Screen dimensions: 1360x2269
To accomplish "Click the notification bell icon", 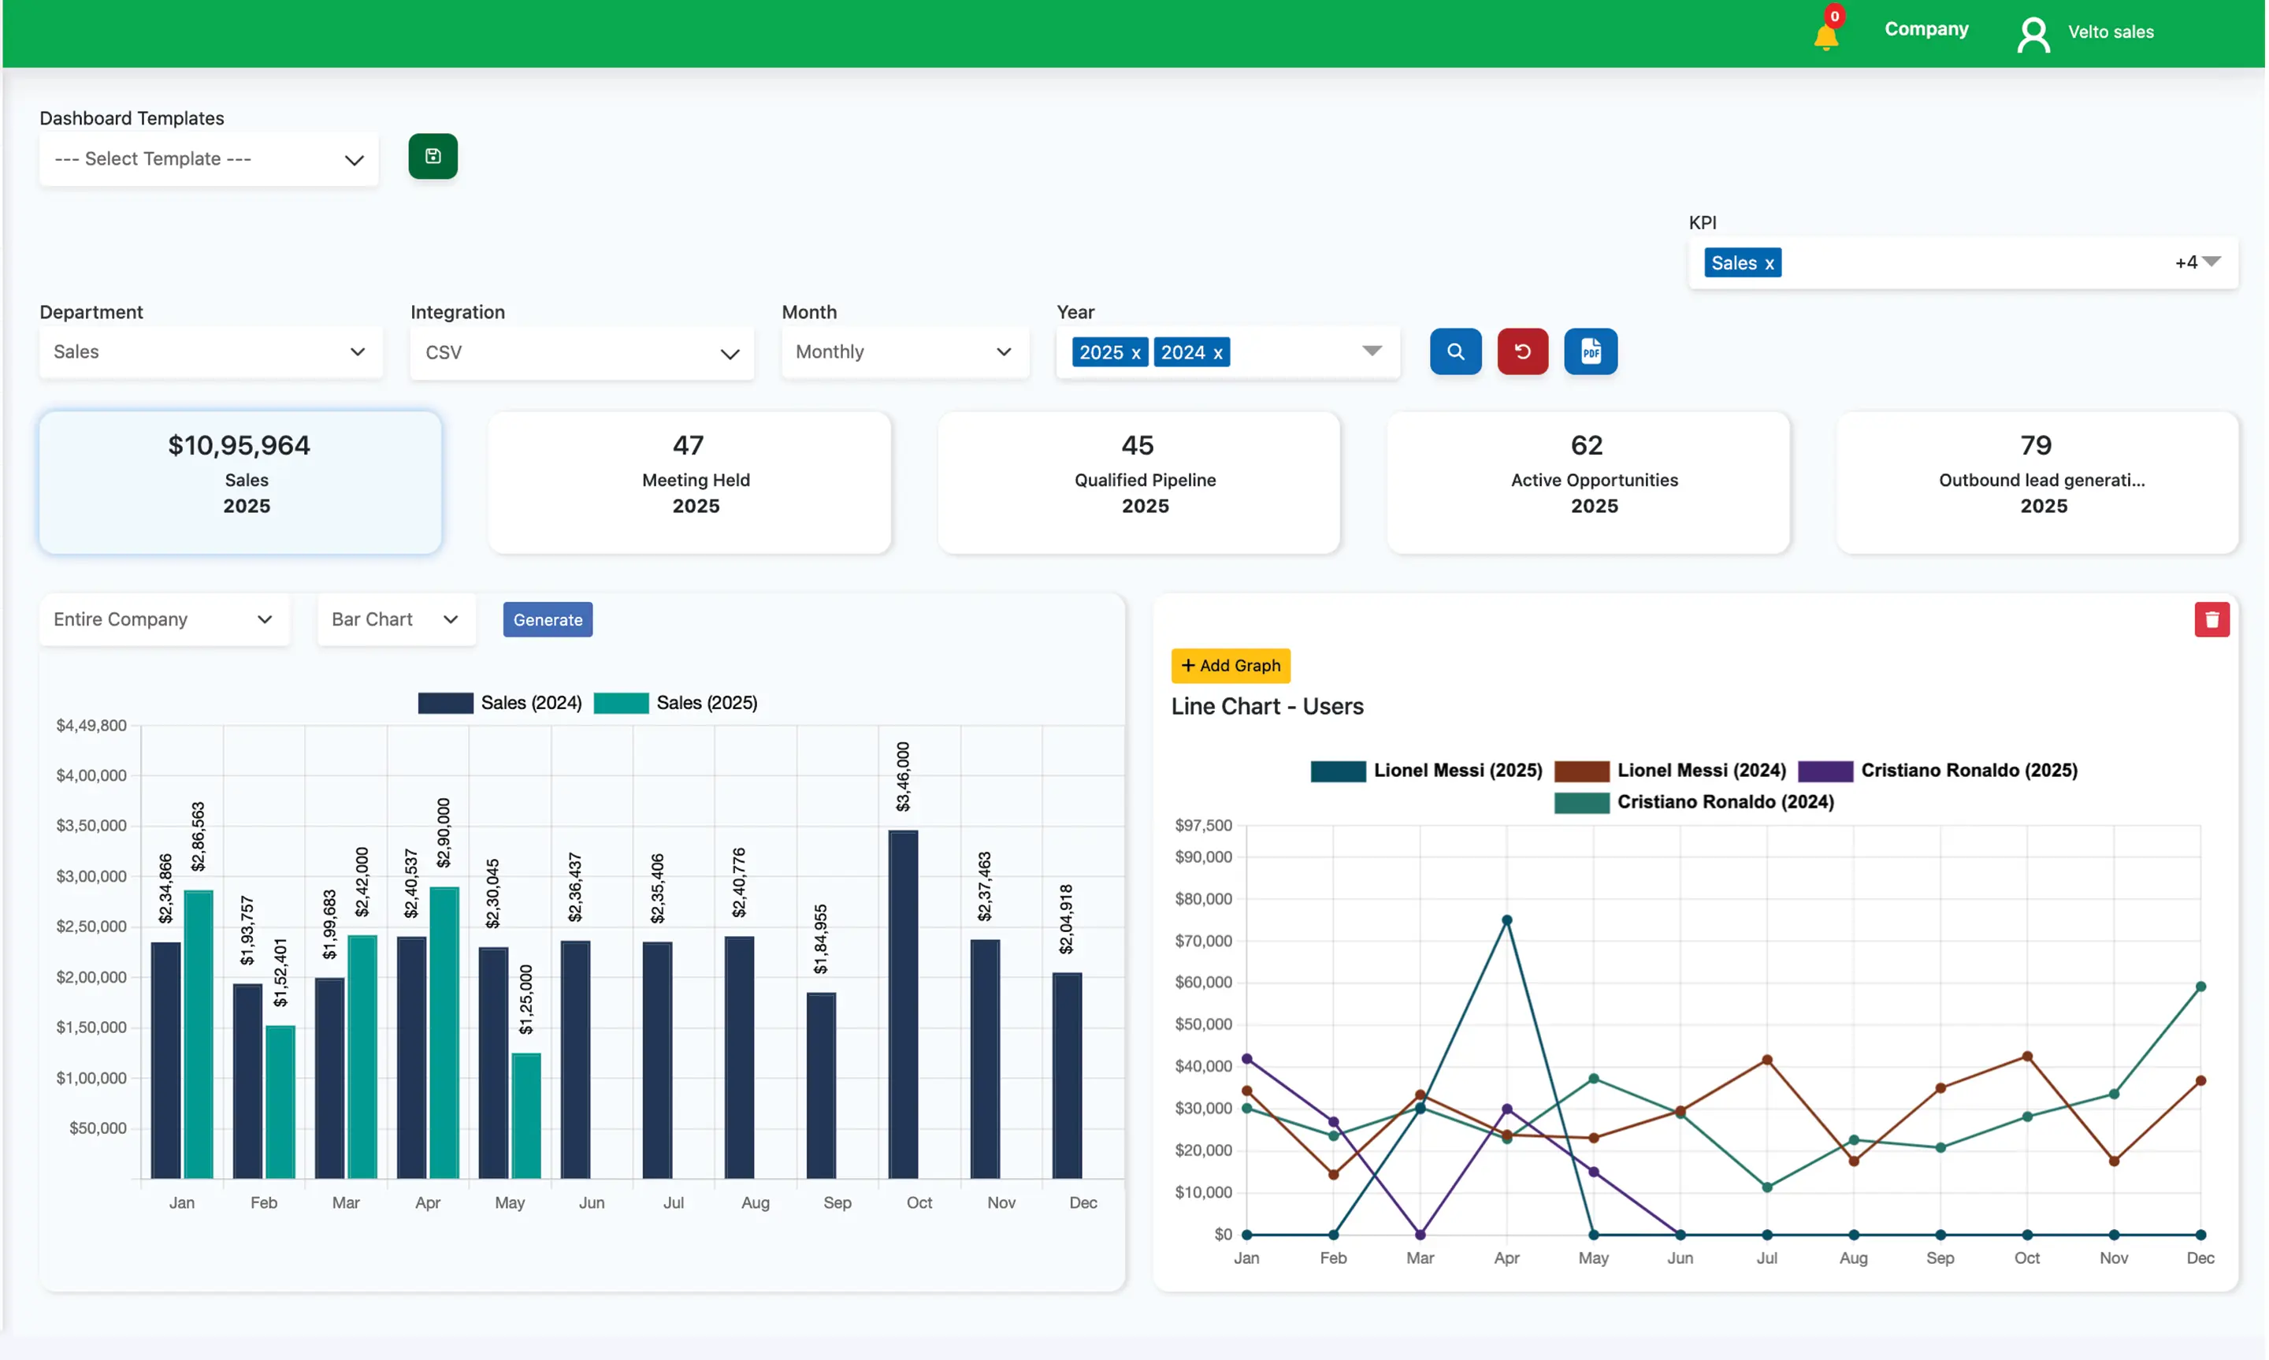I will [x=1825, y=35].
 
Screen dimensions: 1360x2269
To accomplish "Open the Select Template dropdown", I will [x=208, y=159].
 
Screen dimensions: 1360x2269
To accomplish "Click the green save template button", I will [x=433, y=157].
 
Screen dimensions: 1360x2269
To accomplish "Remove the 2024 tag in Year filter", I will [x=1217, y=353].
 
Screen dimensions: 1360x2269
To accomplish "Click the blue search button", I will [x=1454, y=352].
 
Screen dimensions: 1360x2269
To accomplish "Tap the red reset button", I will [x=1521, y=352].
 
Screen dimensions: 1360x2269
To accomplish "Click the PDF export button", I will [x=1590, y=352].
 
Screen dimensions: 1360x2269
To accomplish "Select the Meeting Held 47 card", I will [x=689, y=482].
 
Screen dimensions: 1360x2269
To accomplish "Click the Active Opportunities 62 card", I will [x=1588, y=482].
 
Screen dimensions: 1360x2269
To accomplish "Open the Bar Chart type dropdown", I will [x=395, y=619].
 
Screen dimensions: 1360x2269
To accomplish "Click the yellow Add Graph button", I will [x=1231, y=665].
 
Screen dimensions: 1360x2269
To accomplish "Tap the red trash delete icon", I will [x=2211, y=619].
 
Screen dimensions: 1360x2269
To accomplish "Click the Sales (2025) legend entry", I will [x=676, y=703].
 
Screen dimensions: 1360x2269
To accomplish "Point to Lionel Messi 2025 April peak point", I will [x=1507, y=920].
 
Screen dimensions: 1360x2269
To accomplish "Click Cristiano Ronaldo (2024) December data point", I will [x=2200, y=987].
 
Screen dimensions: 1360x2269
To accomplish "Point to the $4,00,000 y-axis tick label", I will [x=91, y=775].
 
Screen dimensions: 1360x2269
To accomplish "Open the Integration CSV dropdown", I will [x=581, y=353].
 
